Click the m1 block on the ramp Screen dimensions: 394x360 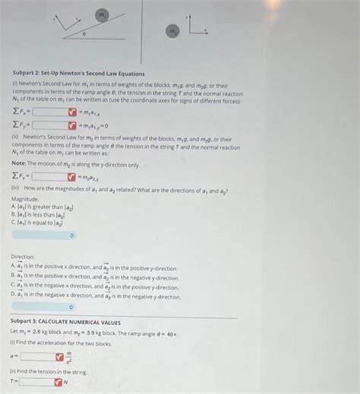point(102,14)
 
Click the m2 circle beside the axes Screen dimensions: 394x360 point(173,31)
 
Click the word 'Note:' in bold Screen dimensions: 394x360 point(20,164)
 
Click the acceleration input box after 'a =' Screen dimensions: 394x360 point(36,355)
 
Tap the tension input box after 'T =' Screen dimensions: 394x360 point(35,382)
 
